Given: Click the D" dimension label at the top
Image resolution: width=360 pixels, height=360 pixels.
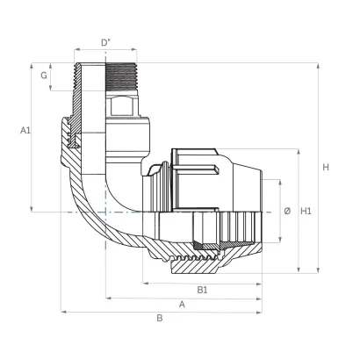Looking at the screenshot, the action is coord(105,43).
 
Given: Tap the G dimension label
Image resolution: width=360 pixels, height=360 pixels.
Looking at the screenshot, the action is coord(44,76).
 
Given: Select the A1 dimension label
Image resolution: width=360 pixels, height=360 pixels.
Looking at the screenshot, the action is coord(25,130).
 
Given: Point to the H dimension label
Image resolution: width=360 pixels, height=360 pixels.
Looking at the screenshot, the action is coord(326,168).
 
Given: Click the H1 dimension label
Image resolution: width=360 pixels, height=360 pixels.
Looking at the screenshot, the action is coord(306,211).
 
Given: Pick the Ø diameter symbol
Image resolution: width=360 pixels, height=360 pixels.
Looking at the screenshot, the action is coord(287,211).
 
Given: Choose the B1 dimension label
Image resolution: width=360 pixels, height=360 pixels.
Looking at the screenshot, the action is coord(202,290).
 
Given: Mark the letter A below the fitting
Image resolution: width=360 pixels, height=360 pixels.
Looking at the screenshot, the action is coord(182,305).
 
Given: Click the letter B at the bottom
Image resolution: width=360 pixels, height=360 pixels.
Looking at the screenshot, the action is coord(160,318).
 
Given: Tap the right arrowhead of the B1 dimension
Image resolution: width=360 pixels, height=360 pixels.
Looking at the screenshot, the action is coord(259,284).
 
